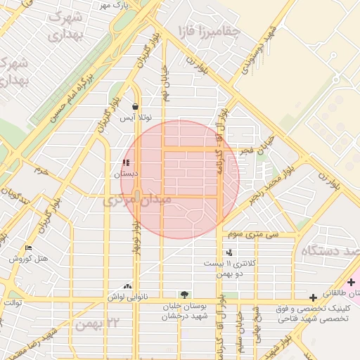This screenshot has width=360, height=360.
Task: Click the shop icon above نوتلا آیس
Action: pos(134,107)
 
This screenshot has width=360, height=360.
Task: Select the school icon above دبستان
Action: pos(126,163)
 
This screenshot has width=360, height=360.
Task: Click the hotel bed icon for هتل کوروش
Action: pos(28,247)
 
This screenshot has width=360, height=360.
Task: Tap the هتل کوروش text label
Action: pos(29,259)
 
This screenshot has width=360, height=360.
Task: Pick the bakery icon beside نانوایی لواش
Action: pos(127,286)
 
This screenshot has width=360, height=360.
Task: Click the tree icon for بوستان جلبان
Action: pos(184,295)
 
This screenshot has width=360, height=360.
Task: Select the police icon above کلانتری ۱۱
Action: pos(229,252)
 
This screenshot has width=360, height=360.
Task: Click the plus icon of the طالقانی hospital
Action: pos(351,281)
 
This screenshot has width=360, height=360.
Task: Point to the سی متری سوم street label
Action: pos(257,233)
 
